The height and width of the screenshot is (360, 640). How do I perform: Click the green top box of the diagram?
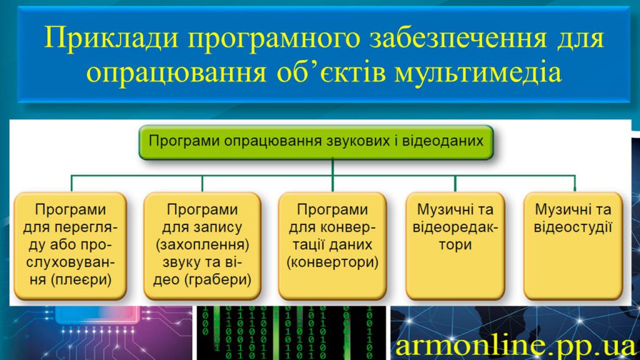pyautogui.click(x=316, y=142)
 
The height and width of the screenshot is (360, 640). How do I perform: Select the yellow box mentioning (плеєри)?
pyautogui.click(x=71, y=246)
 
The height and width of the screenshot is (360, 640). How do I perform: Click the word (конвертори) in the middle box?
pyautogui.click(x=332, y=262)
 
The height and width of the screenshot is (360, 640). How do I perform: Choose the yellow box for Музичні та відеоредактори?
pyautogui.click(x=455, y=246)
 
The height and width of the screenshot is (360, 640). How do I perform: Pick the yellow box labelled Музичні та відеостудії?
pyautogui.click(x=573, y=246)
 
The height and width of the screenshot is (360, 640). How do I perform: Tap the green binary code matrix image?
pyautogui.click(x=291, y=333)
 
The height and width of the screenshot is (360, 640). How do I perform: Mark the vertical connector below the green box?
pyautogui.click(x=332, y=167)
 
